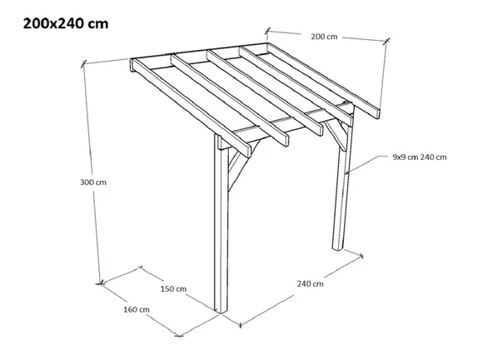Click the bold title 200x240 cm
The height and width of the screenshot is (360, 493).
tap(66, 23)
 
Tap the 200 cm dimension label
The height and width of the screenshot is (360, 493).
tap(324, 37)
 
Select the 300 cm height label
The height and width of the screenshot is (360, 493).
tap(93, 182)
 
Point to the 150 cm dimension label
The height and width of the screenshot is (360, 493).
tap(173, 288)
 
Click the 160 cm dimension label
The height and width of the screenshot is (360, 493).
tap(137, 310)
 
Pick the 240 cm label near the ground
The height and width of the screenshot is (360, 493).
tap(310, 284)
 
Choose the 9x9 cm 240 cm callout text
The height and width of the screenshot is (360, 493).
tap(420, 157)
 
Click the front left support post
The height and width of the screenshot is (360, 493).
tap(221, 223)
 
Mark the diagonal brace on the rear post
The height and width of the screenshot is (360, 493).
tap(337, 134)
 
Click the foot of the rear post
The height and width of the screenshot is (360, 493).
tap(337, 248)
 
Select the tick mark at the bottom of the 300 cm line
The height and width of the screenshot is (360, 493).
tap(100, 283)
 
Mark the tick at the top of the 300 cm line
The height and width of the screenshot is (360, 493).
tap(83, 64)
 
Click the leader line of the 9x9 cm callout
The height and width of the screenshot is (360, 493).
tap(367, 164)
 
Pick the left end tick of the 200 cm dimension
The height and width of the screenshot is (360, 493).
tap(267, 31)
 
